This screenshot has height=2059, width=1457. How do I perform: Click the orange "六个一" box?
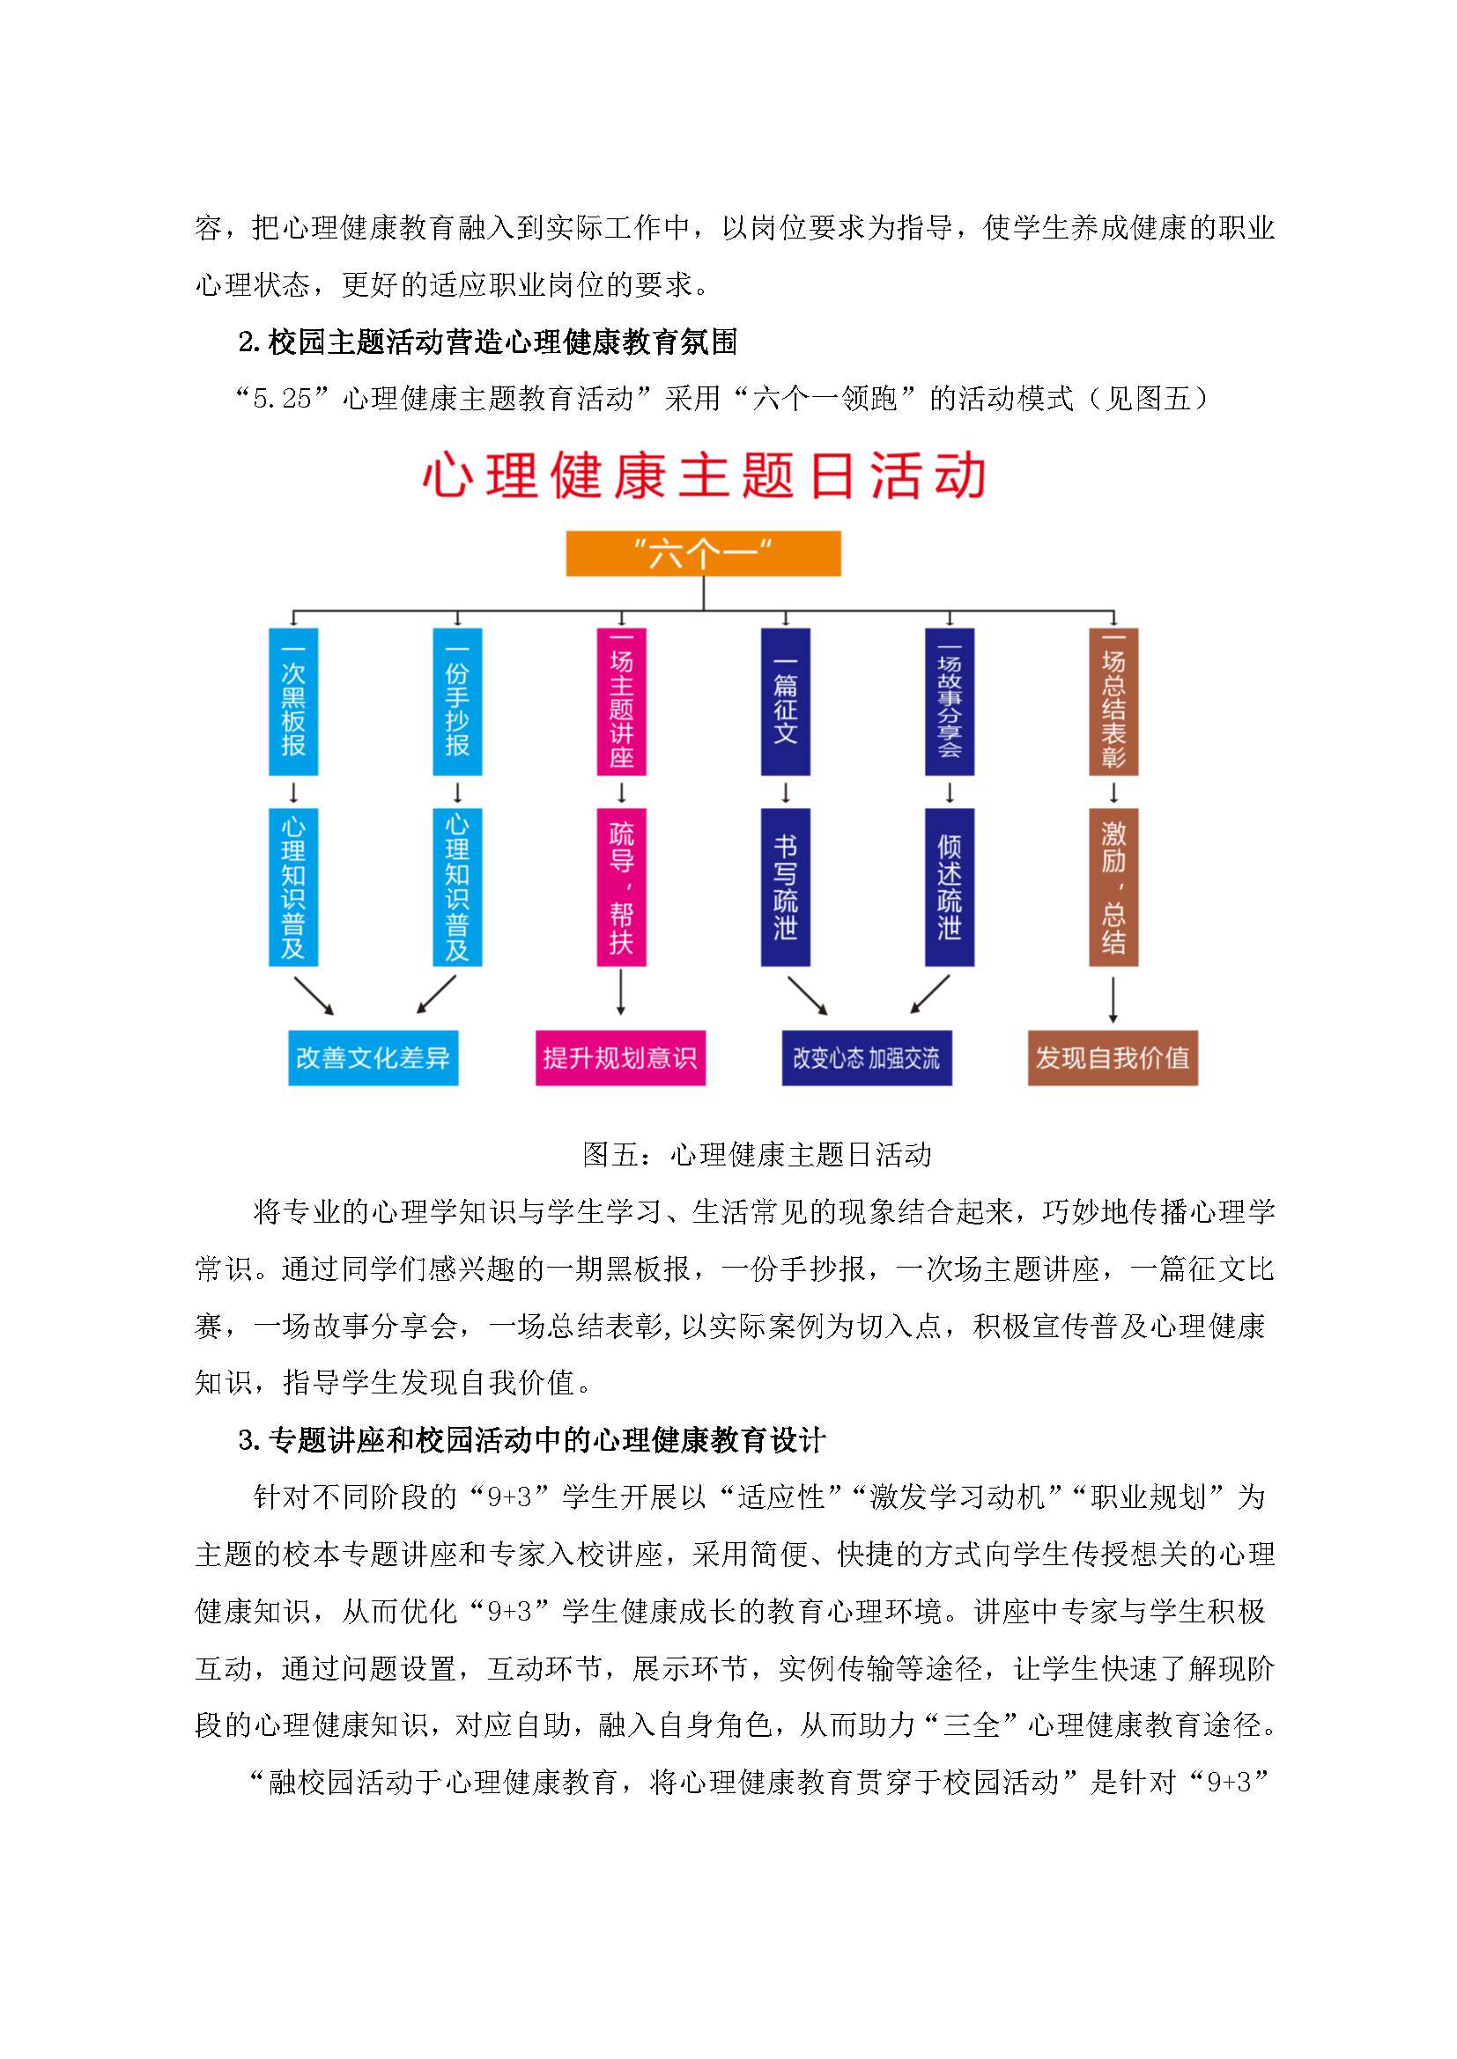click(702, 554)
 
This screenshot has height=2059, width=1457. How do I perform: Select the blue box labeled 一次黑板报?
click(293, 702)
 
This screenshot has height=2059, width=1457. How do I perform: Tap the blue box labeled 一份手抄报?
click(457, 702)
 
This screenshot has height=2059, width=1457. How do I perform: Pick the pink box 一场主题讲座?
click(622, 702)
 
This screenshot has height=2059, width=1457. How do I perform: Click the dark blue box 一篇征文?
click(786, 702)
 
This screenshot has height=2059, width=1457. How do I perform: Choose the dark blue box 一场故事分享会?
click(950, 702)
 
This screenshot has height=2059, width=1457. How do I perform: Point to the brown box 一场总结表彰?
click(1113, 702)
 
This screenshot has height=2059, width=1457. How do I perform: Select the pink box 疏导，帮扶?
click(622, 887)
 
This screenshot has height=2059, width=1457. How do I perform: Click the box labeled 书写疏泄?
click(786, 887)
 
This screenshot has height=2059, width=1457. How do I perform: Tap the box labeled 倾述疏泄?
click(950, 887)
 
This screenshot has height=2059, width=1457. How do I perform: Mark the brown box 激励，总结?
click(1113, 887)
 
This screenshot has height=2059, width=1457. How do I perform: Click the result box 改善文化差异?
click(373, 1058)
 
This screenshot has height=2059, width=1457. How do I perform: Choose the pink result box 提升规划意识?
click(621, 1058)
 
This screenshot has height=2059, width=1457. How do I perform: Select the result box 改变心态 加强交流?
click(867, 1058)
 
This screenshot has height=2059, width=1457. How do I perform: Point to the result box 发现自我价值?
click(1113, 1058)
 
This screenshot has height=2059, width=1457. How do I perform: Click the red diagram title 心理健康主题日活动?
click(706, 475)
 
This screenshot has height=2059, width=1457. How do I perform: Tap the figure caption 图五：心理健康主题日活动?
click(757, 1154)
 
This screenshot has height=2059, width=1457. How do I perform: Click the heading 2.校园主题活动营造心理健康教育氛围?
click(488, 342)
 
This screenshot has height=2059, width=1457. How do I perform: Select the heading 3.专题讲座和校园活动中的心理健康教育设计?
click(531, 1440)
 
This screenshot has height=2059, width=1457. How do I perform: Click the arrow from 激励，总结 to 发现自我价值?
click(1113, 1000)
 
